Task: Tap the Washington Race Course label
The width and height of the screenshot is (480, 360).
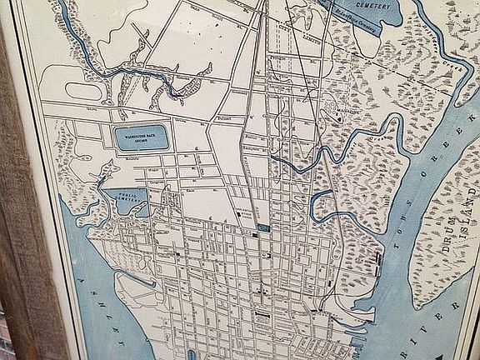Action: click(x=137, y=134)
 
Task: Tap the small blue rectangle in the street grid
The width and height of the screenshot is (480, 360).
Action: click(x=262, y=227)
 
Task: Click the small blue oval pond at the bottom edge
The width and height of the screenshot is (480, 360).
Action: click(x=192, y=355)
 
